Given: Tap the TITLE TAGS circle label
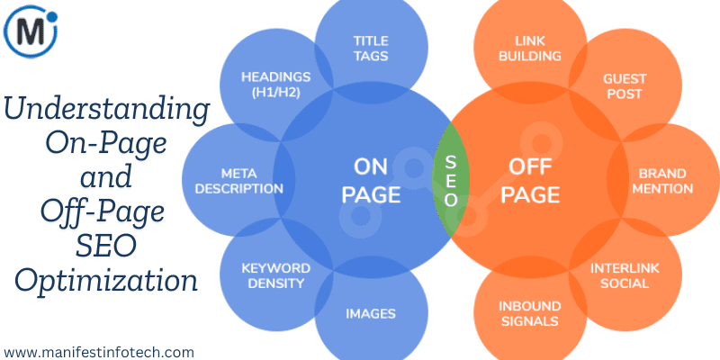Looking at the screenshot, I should pos(371,48).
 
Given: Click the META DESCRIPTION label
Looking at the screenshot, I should pos(239,180).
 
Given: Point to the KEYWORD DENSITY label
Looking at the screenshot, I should pos(276,275).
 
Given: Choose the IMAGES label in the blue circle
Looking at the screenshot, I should pos(371,313).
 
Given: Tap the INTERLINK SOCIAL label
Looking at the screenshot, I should pos(622,275).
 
